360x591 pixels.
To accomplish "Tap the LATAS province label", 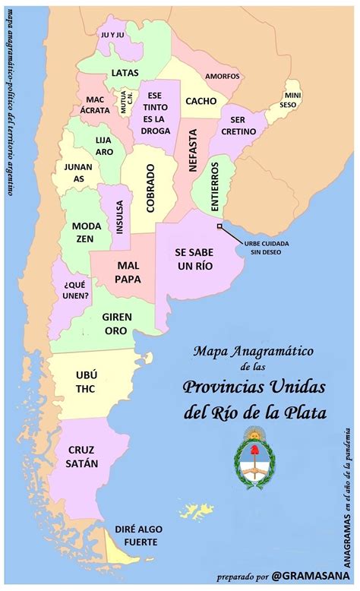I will click(125, 73).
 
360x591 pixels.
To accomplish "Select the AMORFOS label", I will click(222, 77).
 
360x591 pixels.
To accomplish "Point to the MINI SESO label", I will click(293, 100).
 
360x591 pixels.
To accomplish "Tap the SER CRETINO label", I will click(245, 126).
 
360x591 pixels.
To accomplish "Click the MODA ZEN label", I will click(87, 232).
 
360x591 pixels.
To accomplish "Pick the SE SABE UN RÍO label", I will click(194, 258).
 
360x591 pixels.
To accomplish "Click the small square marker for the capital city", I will click(219, 226).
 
